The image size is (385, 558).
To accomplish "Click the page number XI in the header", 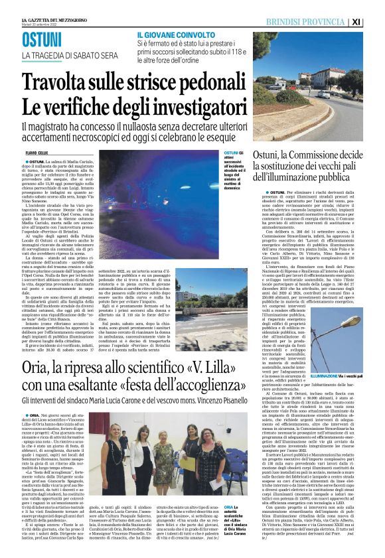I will tap(374, 23).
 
